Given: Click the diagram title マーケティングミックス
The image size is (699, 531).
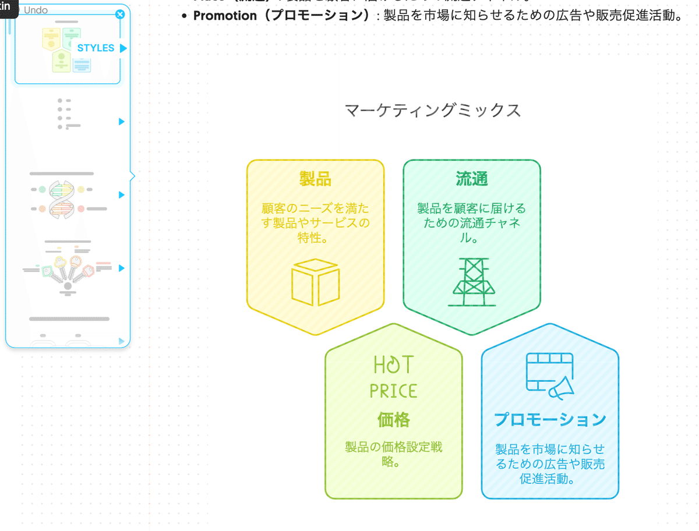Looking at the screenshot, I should tap(433, 110).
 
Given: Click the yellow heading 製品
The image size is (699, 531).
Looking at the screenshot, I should tap(315, 179).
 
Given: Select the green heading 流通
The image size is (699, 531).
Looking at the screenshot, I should tap(472, 179).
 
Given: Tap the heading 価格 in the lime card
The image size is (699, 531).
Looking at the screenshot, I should tap(394, 419).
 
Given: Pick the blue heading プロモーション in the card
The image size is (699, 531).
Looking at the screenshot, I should tap(550, 419).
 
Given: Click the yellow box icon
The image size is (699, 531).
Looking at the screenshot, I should tap(315, 282).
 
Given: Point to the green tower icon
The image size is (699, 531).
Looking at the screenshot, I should tap(472, 282).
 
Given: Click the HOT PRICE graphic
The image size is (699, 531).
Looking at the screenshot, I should tap(394, 377).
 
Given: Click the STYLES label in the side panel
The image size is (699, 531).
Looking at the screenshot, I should tap(96, 48).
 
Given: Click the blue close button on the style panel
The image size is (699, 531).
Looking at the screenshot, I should tap(120, 14).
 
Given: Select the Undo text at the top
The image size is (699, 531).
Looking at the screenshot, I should tap(36, 10).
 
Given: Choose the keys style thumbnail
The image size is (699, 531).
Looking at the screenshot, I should tap(68, 269).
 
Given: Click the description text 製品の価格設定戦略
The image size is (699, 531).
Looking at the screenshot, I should tap(394, 455).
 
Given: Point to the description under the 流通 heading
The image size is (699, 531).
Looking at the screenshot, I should tap(472, 223).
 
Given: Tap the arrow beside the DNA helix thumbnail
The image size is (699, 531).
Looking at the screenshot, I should tap(122, 195).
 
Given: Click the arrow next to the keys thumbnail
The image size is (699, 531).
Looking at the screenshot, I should tap(122, 268).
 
